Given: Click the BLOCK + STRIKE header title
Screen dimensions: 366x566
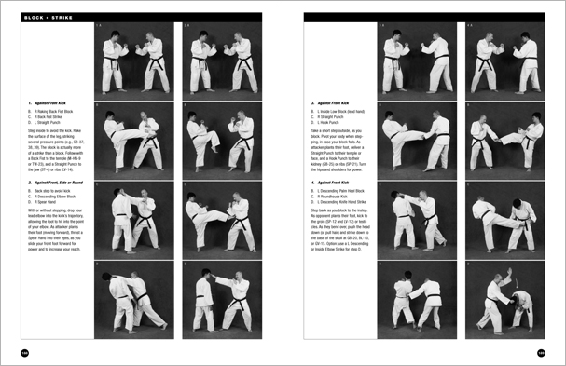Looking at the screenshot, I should click(x=37, y=18).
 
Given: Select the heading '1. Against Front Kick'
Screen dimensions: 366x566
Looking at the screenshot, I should click(x=46, y=103).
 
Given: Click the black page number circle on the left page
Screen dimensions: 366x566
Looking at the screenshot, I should click(x=24, y=352).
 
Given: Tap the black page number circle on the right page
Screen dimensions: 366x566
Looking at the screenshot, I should click(x=541, y=352).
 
